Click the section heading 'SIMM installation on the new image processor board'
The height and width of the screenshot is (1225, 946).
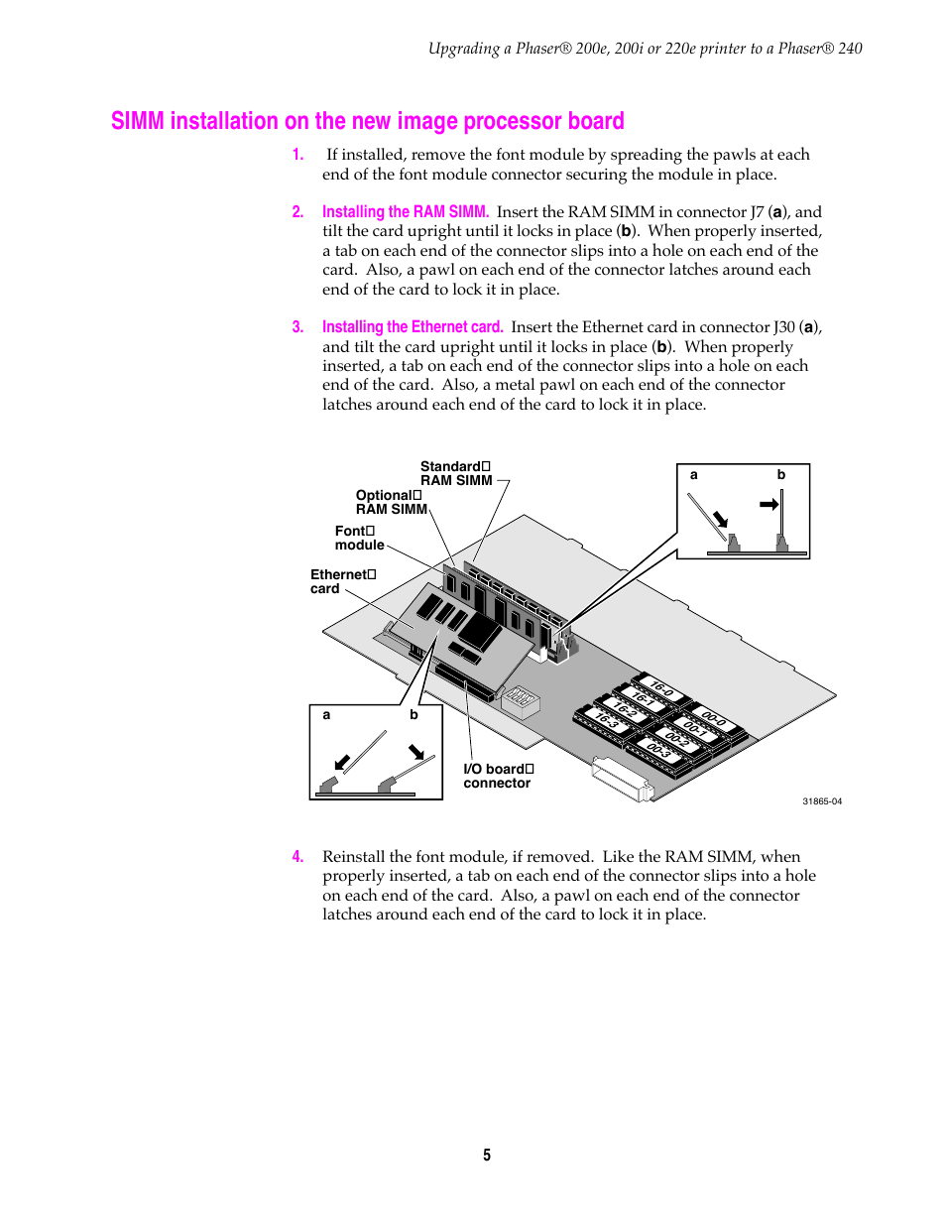(367, 121)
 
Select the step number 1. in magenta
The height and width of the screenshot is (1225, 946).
(297, 155)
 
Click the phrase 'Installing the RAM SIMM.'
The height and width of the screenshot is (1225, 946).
(405, 212)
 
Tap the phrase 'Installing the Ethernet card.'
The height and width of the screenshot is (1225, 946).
(413, 327)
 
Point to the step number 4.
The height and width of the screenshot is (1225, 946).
(297, 857)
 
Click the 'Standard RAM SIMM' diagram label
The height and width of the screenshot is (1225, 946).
(455, 474)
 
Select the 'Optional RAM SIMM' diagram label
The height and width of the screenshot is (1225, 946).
(391, 503)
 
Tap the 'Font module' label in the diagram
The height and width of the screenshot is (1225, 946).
(359, 539)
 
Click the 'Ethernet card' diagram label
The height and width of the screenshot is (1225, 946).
(342, 582)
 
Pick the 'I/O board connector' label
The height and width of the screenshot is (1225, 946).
(498, 777)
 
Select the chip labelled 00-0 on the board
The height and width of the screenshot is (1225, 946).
(714, 718)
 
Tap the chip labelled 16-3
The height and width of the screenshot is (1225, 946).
(606, 721)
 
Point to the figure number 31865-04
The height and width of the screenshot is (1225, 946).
(822, 801)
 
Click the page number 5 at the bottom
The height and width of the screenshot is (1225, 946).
(487, 1156)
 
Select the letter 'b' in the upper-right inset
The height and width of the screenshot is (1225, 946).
(781, 475)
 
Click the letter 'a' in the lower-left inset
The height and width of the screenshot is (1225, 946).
(326, 715)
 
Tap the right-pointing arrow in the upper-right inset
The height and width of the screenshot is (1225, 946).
(769, 504)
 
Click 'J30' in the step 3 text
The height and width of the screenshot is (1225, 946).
(784, 327)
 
